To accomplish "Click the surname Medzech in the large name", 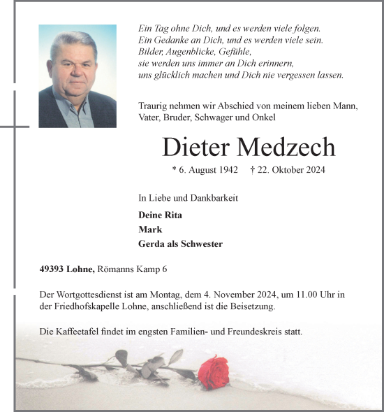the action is (286, 147).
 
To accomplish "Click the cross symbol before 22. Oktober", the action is (252, 170).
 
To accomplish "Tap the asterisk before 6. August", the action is (174, 170).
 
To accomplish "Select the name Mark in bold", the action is (150, 229).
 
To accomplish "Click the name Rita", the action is (172, 215).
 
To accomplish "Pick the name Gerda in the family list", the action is (152, 244).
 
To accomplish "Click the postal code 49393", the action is (53, 269).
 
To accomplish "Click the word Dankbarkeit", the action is (214, 198).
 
